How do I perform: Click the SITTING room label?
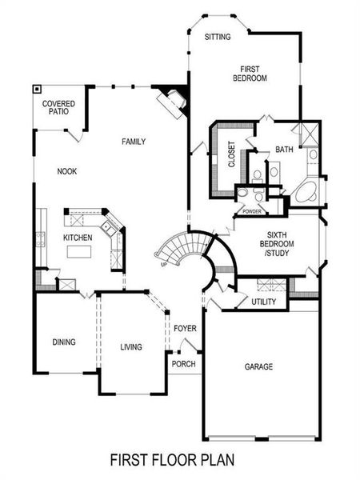point(218,37)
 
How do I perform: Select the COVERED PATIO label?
point(60,108)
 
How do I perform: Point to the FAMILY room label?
point(134,142)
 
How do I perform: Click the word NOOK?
point(66,171)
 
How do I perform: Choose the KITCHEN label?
point(78,238)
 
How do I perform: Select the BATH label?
point(284,150)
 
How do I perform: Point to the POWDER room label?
point(252,211)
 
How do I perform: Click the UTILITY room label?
point(263,302)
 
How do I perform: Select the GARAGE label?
point(258,366)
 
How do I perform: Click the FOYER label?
point(185,328)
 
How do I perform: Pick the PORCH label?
point(184,363)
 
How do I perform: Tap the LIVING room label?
point(130,346)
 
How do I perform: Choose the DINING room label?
point(64,342)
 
